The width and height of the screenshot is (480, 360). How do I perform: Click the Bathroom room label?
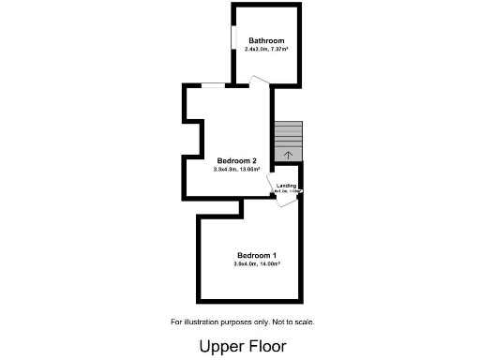[266, 40]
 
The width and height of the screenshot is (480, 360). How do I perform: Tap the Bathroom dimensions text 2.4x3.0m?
[257, 49]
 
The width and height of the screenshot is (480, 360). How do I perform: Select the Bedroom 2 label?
[236, 160]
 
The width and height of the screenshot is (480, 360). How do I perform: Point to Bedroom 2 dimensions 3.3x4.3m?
[227, 169]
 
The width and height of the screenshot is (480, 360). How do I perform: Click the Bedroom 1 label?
[256, 256]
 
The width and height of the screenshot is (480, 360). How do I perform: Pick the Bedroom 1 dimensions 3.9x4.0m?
[247, 264]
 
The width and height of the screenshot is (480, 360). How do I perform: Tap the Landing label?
[286, 186]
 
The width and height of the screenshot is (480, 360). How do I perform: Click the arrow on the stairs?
[289, 154]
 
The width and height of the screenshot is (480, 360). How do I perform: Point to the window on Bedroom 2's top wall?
[213, 86]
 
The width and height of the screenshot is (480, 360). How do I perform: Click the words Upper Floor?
[242, 346]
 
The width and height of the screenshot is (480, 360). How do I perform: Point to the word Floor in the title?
[265, 346]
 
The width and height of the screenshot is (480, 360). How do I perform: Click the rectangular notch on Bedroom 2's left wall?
[194, 136]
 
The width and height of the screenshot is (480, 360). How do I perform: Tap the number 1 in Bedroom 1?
[274, 256]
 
